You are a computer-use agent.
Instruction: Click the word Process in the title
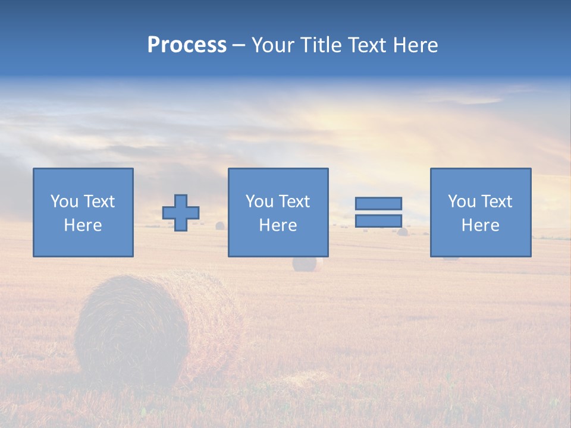click(187, 45)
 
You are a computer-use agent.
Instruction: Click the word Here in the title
click(418, 45)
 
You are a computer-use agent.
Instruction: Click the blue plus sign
click(181, 213)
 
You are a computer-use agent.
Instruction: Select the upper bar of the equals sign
click(378, 203)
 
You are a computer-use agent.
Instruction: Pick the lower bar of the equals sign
click(378, 221)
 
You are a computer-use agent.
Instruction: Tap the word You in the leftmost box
click(64, 202)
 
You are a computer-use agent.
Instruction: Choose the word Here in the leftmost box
click(83, 225)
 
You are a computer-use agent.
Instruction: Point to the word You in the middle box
click(259, 202)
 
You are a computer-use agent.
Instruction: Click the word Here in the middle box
click(278, 225)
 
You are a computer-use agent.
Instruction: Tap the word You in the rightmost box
click(462, 202)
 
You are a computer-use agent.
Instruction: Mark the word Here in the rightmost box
click(480, 225)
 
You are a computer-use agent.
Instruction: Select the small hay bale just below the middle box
click(307, 264)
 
